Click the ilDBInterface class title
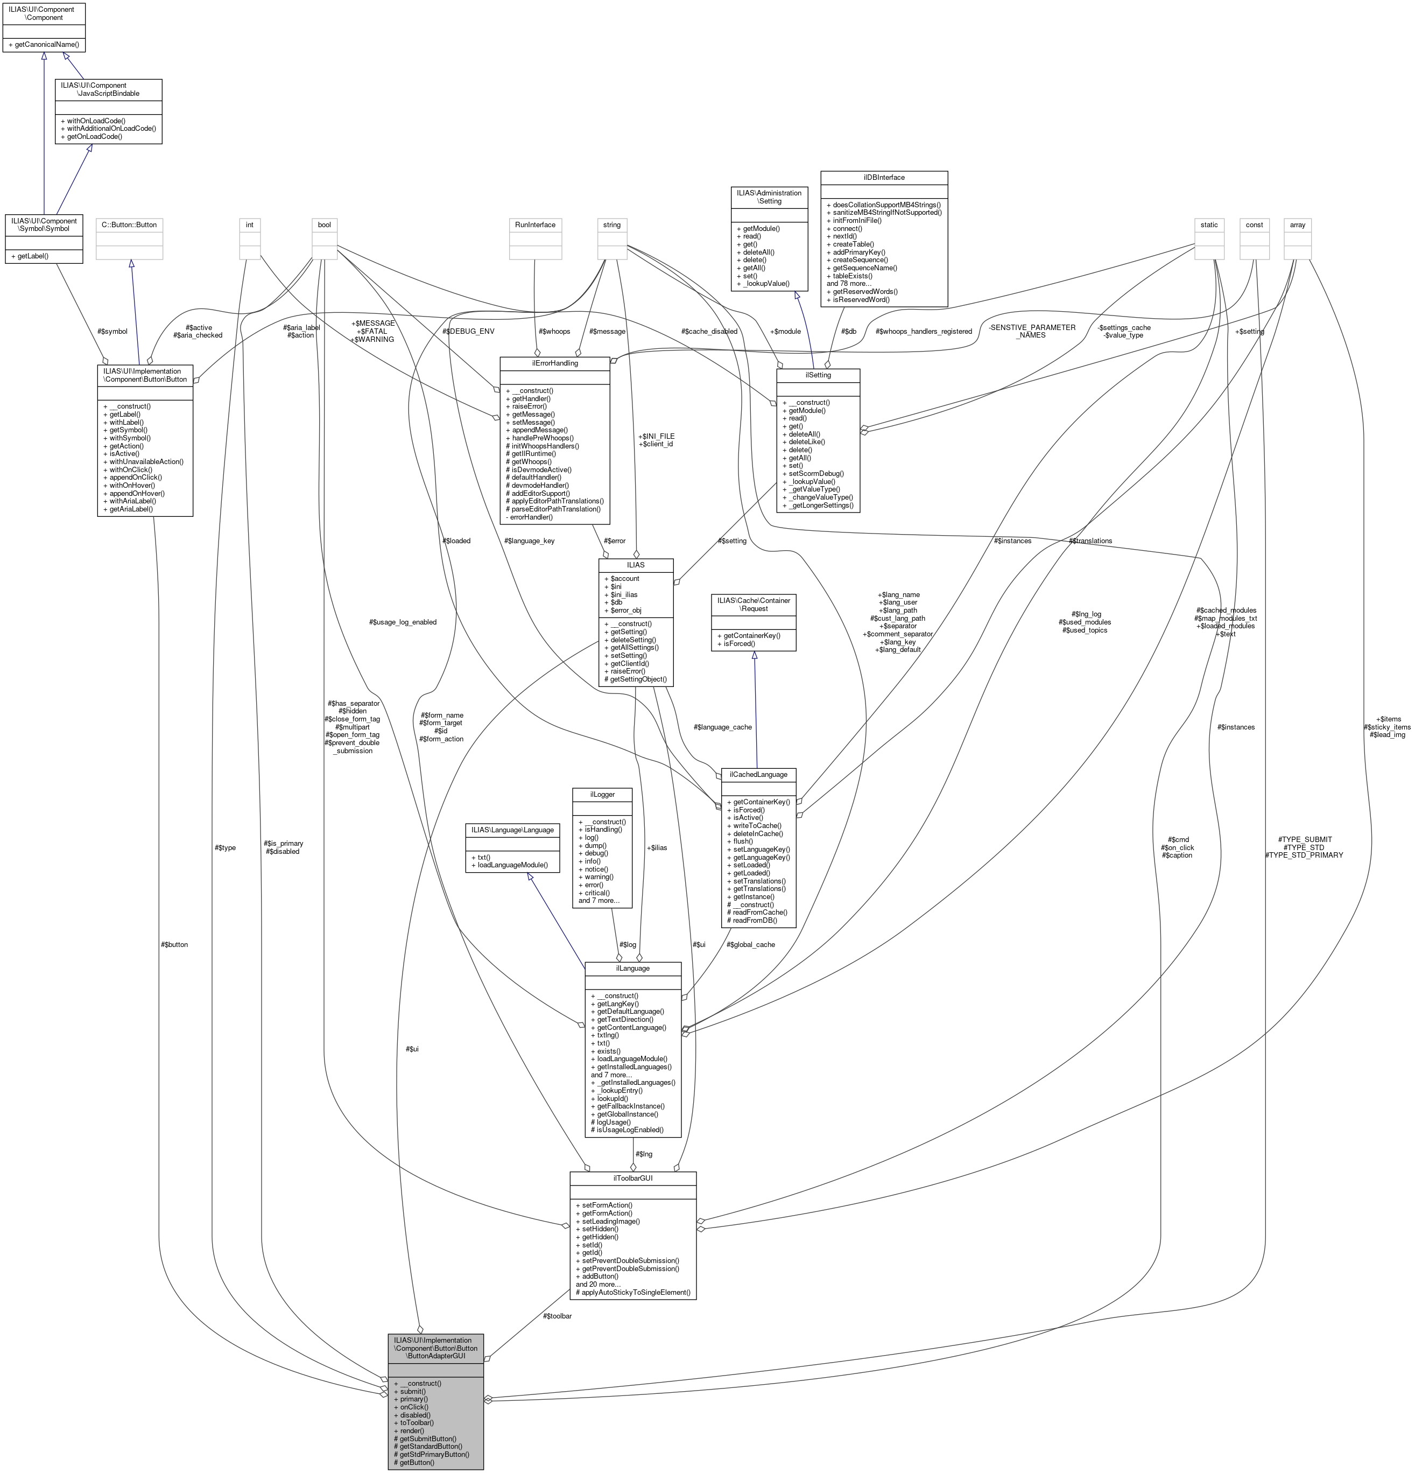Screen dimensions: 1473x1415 (883, 177)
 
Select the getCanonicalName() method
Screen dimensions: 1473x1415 (45, 45)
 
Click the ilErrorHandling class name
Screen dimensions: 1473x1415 (554, 363)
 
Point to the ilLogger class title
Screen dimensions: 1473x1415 (602, 794)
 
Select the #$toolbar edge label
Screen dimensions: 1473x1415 (557, 1315)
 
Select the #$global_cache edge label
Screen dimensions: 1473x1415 (750, 945)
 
